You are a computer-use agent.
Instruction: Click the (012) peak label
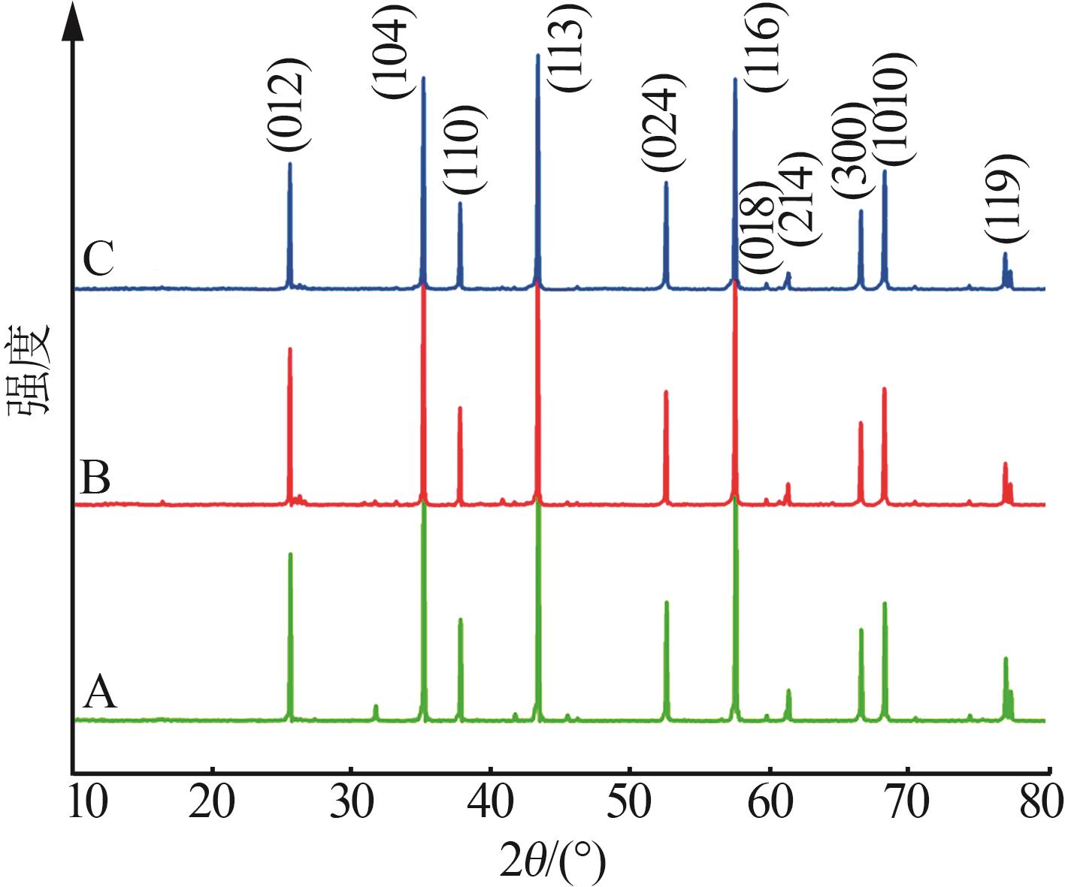[287, 103]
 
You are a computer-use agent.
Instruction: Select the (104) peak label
[392, 50]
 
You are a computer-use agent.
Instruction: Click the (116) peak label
[767, 47]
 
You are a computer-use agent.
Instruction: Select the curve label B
[95, 478]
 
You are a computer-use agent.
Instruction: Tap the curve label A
[99, 692]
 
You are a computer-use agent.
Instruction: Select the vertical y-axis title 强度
[30, 368]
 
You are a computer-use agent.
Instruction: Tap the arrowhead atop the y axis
[72, 23]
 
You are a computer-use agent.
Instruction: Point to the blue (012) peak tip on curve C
[289, 164]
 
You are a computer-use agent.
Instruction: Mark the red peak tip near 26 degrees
[289, 348]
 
